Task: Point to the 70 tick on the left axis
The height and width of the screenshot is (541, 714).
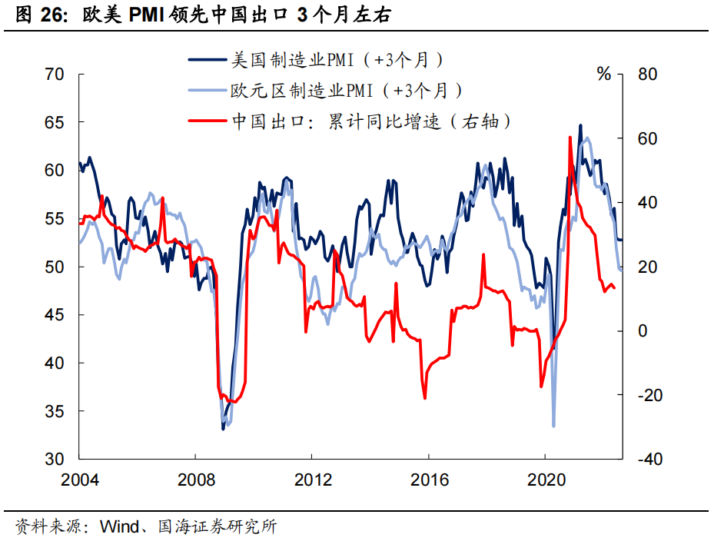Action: click(55, 75)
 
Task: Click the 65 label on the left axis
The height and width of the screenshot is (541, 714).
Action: click(55, 123)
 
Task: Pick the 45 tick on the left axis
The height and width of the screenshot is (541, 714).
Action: click(55, 315)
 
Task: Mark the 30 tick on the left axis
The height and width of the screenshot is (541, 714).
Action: click(55, 460)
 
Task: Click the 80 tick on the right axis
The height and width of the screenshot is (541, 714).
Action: click(648, 75)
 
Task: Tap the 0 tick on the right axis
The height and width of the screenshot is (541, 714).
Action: click(643, 331)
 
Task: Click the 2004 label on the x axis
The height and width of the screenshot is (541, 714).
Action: click(80, 480)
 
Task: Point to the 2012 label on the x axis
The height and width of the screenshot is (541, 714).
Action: click(312, 480)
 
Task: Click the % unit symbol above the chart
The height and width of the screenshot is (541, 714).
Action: click(604, 75)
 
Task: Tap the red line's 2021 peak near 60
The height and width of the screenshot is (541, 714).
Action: click(570, 138)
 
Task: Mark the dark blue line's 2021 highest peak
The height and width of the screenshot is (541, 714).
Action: click(580, 125)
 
